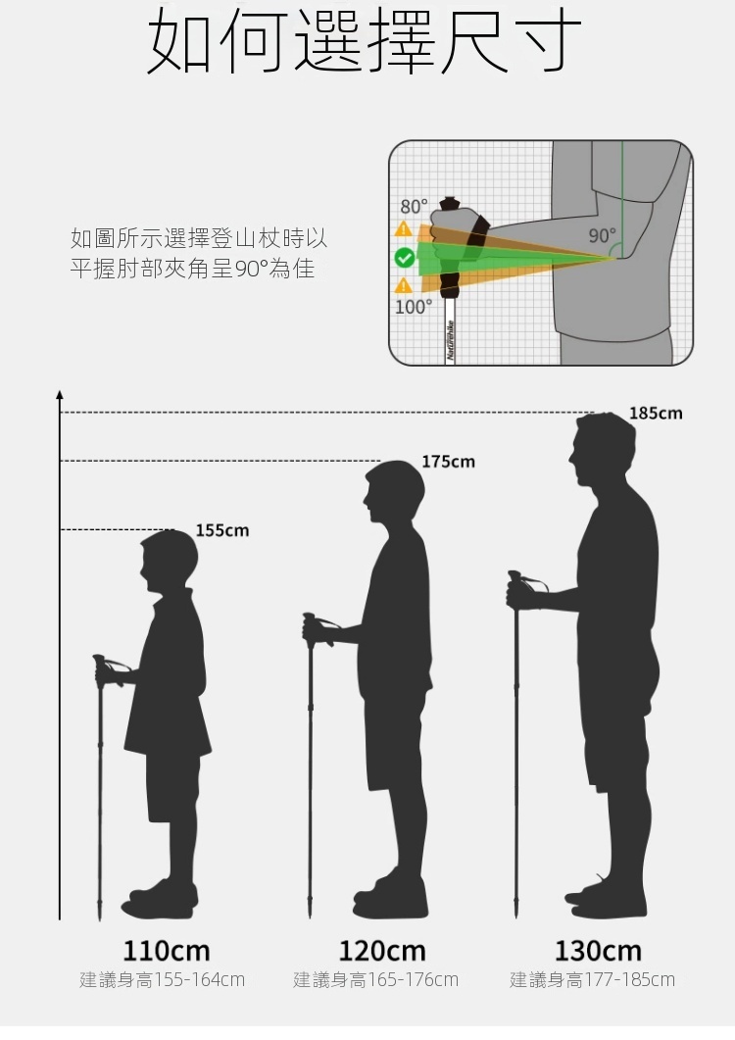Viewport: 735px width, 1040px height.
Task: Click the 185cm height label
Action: (x=656, y=414)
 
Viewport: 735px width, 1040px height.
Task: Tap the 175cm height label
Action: (x=448, y=461)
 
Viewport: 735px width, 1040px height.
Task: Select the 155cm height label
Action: (x=222, y=530)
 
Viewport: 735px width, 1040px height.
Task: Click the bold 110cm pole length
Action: (x=167, y=950)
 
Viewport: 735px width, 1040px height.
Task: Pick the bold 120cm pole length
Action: (x=382, y=950)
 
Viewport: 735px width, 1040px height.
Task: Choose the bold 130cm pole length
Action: (x=598, y=950)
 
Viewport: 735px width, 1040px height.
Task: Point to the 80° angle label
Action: (x=414, y=207)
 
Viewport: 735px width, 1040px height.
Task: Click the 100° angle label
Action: (x=413, y=307)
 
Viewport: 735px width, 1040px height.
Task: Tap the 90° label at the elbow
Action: (x=602, y=236)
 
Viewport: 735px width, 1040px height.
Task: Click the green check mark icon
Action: (x=404, y=258)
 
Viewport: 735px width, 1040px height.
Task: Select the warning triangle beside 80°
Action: (x=403, y=229)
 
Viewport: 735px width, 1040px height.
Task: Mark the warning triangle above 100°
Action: (x=403, y=285)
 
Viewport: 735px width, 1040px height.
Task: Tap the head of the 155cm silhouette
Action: (x=169, y=560)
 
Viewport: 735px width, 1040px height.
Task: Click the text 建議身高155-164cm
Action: (x=163, y=979)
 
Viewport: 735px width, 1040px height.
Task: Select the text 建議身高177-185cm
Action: (x=592, y=979)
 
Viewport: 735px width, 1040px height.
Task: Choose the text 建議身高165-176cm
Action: (x=376, y=979)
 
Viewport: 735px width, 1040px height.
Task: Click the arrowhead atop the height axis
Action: (x=60, y=395)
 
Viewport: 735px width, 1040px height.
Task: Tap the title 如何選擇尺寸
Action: (x=366, y=42)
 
